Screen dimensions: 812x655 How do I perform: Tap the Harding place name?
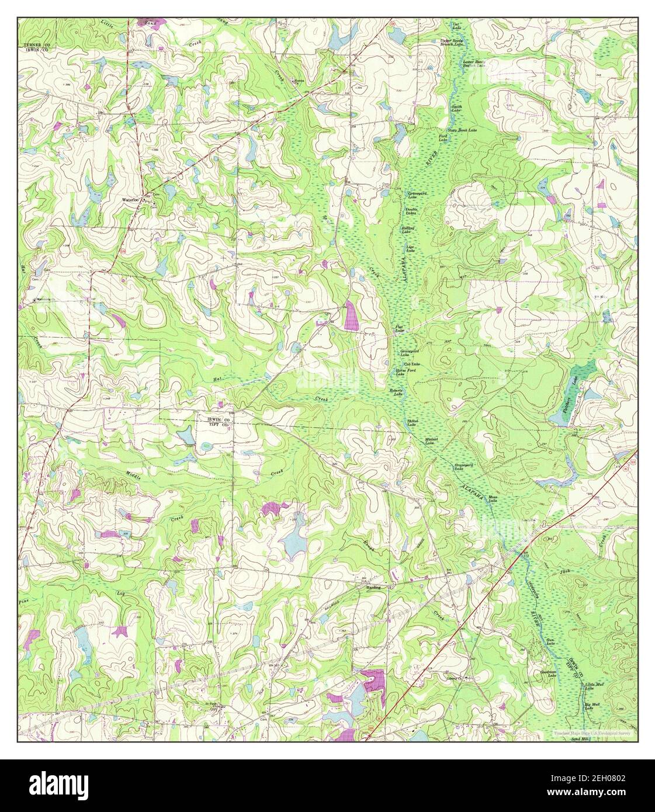(x=373, y=587)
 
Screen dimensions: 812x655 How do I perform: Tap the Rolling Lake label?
(x=407, y=230)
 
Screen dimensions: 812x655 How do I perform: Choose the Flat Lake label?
(x=400, y=329)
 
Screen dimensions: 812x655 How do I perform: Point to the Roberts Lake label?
(x=397, y=393)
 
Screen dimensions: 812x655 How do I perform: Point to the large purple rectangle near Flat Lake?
(x=352, y=316)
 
